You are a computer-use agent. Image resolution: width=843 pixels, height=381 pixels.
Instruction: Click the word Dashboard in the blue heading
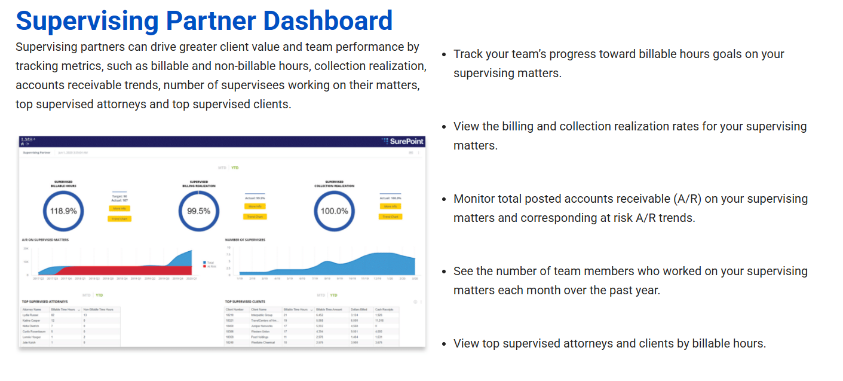(327, 21)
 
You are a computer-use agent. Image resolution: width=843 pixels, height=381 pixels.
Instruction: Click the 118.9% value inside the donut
(63, 211)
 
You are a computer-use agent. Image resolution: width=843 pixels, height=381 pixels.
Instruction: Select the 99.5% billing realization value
(198, 211)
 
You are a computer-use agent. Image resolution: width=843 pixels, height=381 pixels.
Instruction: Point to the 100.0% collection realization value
(334, 211)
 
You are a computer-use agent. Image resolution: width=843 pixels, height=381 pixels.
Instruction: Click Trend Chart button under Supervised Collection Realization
(390, 217)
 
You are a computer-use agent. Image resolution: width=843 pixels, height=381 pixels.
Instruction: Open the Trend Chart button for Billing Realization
(255, 217)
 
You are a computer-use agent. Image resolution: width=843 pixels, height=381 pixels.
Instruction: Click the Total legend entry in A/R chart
(210, 262)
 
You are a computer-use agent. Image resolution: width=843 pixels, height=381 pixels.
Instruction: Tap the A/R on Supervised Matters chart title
(45, 240)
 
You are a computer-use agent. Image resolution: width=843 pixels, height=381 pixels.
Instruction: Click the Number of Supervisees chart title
(245, 240)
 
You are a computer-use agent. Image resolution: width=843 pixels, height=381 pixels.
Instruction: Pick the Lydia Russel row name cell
(30, 315)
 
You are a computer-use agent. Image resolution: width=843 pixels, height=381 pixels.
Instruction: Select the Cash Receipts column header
(384, 309)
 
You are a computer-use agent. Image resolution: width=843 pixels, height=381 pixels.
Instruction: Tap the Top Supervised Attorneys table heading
(45, 302)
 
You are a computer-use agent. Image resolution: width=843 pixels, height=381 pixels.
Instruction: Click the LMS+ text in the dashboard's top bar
(27, 139)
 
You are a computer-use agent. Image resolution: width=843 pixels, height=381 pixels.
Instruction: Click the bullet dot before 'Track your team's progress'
(444, 54)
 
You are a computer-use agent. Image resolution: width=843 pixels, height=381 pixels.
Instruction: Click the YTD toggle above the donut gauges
(235, 168)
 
